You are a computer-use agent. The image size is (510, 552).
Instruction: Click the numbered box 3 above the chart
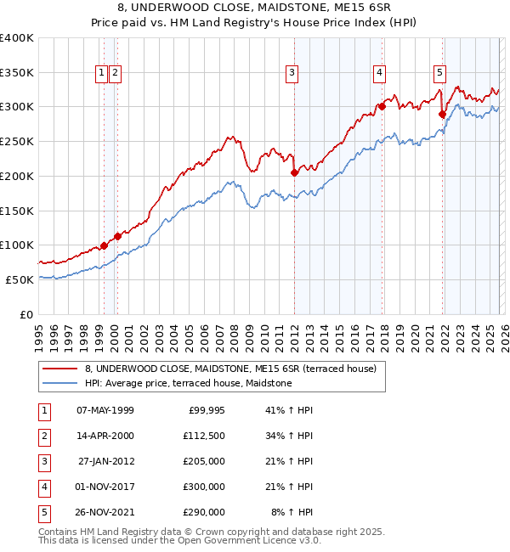[292, 74]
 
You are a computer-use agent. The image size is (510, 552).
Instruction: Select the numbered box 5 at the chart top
[439, 74]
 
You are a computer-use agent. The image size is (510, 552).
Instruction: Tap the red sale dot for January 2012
[294, 172]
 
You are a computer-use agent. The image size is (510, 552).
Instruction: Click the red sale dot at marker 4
[382, 107]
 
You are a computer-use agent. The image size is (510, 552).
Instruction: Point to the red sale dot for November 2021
[443, 114]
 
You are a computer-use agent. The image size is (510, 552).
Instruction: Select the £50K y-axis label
[20, 279]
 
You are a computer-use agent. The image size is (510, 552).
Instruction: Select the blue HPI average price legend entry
[188, 384]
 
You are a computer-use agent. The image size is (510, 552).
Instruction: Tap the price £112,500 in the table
[204, 436]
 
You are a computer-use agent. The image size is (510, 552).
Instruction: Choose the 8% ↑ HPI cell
[292, 512]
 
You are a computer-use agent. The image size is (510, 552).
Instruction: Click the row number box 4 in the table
[43, 487]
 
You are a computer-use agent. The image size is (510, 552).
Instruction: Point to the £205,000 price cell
[204, 461]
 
